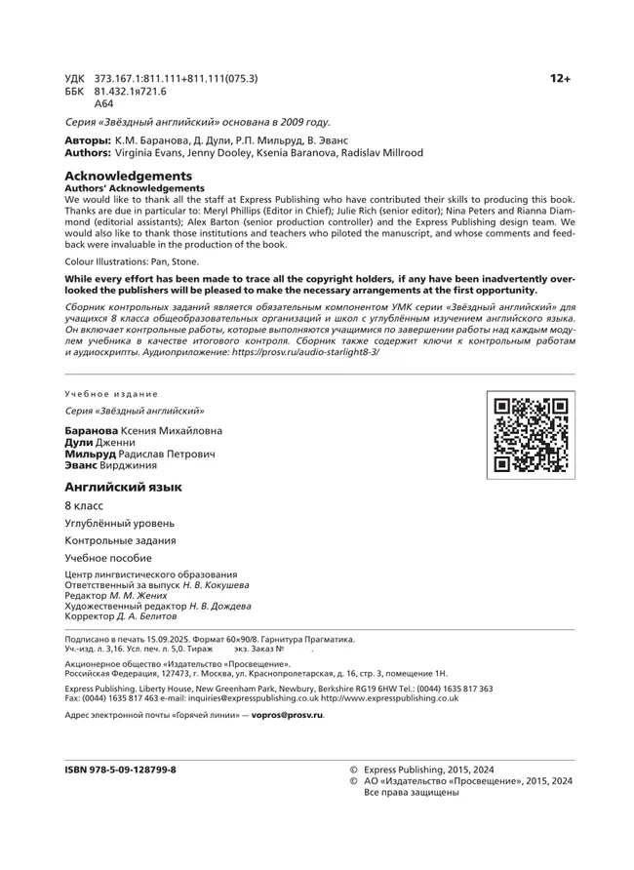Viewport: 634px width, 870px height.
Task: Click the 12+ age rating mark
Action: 560,78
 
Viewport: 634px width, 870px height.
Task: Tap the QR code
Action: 531,435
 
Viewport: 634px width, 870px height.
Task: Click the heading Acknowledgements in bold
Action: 120,176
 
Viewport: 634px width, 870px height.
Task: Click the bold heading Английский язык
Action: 123,486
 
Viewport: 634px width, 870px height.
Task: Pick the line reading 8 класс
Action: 84,506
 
